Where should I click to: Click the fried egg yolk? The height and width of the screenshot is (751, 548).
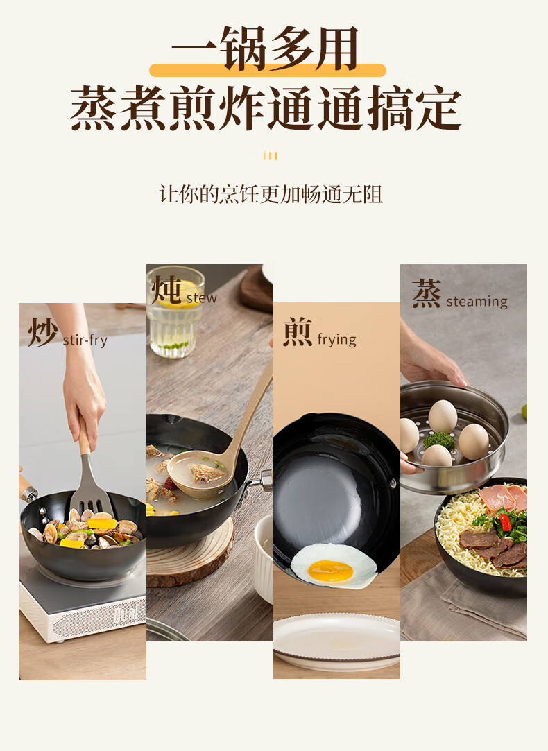point(330,571)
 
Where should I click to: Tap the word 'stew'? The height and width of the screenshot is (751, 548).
point(201,298)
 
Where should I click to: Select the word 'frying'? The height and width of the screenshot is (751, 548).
point(336,340)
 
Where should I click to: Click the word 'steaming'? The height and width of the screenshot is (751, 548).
point(477,302)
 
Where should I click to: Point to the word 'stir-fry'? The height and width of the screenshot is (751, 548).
point(85,340)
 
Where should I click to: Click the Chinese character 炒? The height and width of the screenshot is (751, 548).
point(42,332)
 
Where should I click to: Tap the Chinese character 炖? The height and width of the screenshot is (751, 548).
point(166,291)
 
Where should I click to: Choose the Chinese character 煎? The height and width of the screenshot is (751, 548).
point(298,331)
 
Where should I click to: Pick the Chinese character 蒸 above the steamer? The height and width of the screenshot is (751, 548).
point(427,293)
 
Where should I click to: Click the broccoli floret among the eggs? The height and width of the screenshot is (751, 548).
point(439,440)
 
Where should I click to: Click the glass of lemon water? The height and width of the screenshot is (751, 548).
point(174,312)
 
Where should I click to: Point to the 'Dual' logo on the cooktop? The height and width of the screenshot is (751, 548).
point(125,614)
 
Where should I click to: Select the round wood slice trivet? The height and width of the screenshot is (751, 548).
point(189,555)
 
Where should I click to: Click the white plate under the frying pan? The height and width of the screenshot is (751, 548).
point(336,641)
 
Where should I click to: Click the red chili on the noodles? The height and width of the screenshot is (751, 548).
point(504,522)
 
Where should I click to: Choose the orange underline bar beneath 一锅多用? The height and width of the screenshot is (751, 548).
point(268,70)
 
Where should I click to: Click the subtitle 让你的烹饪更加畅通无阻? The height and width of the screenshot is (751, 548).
point(271,195)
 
